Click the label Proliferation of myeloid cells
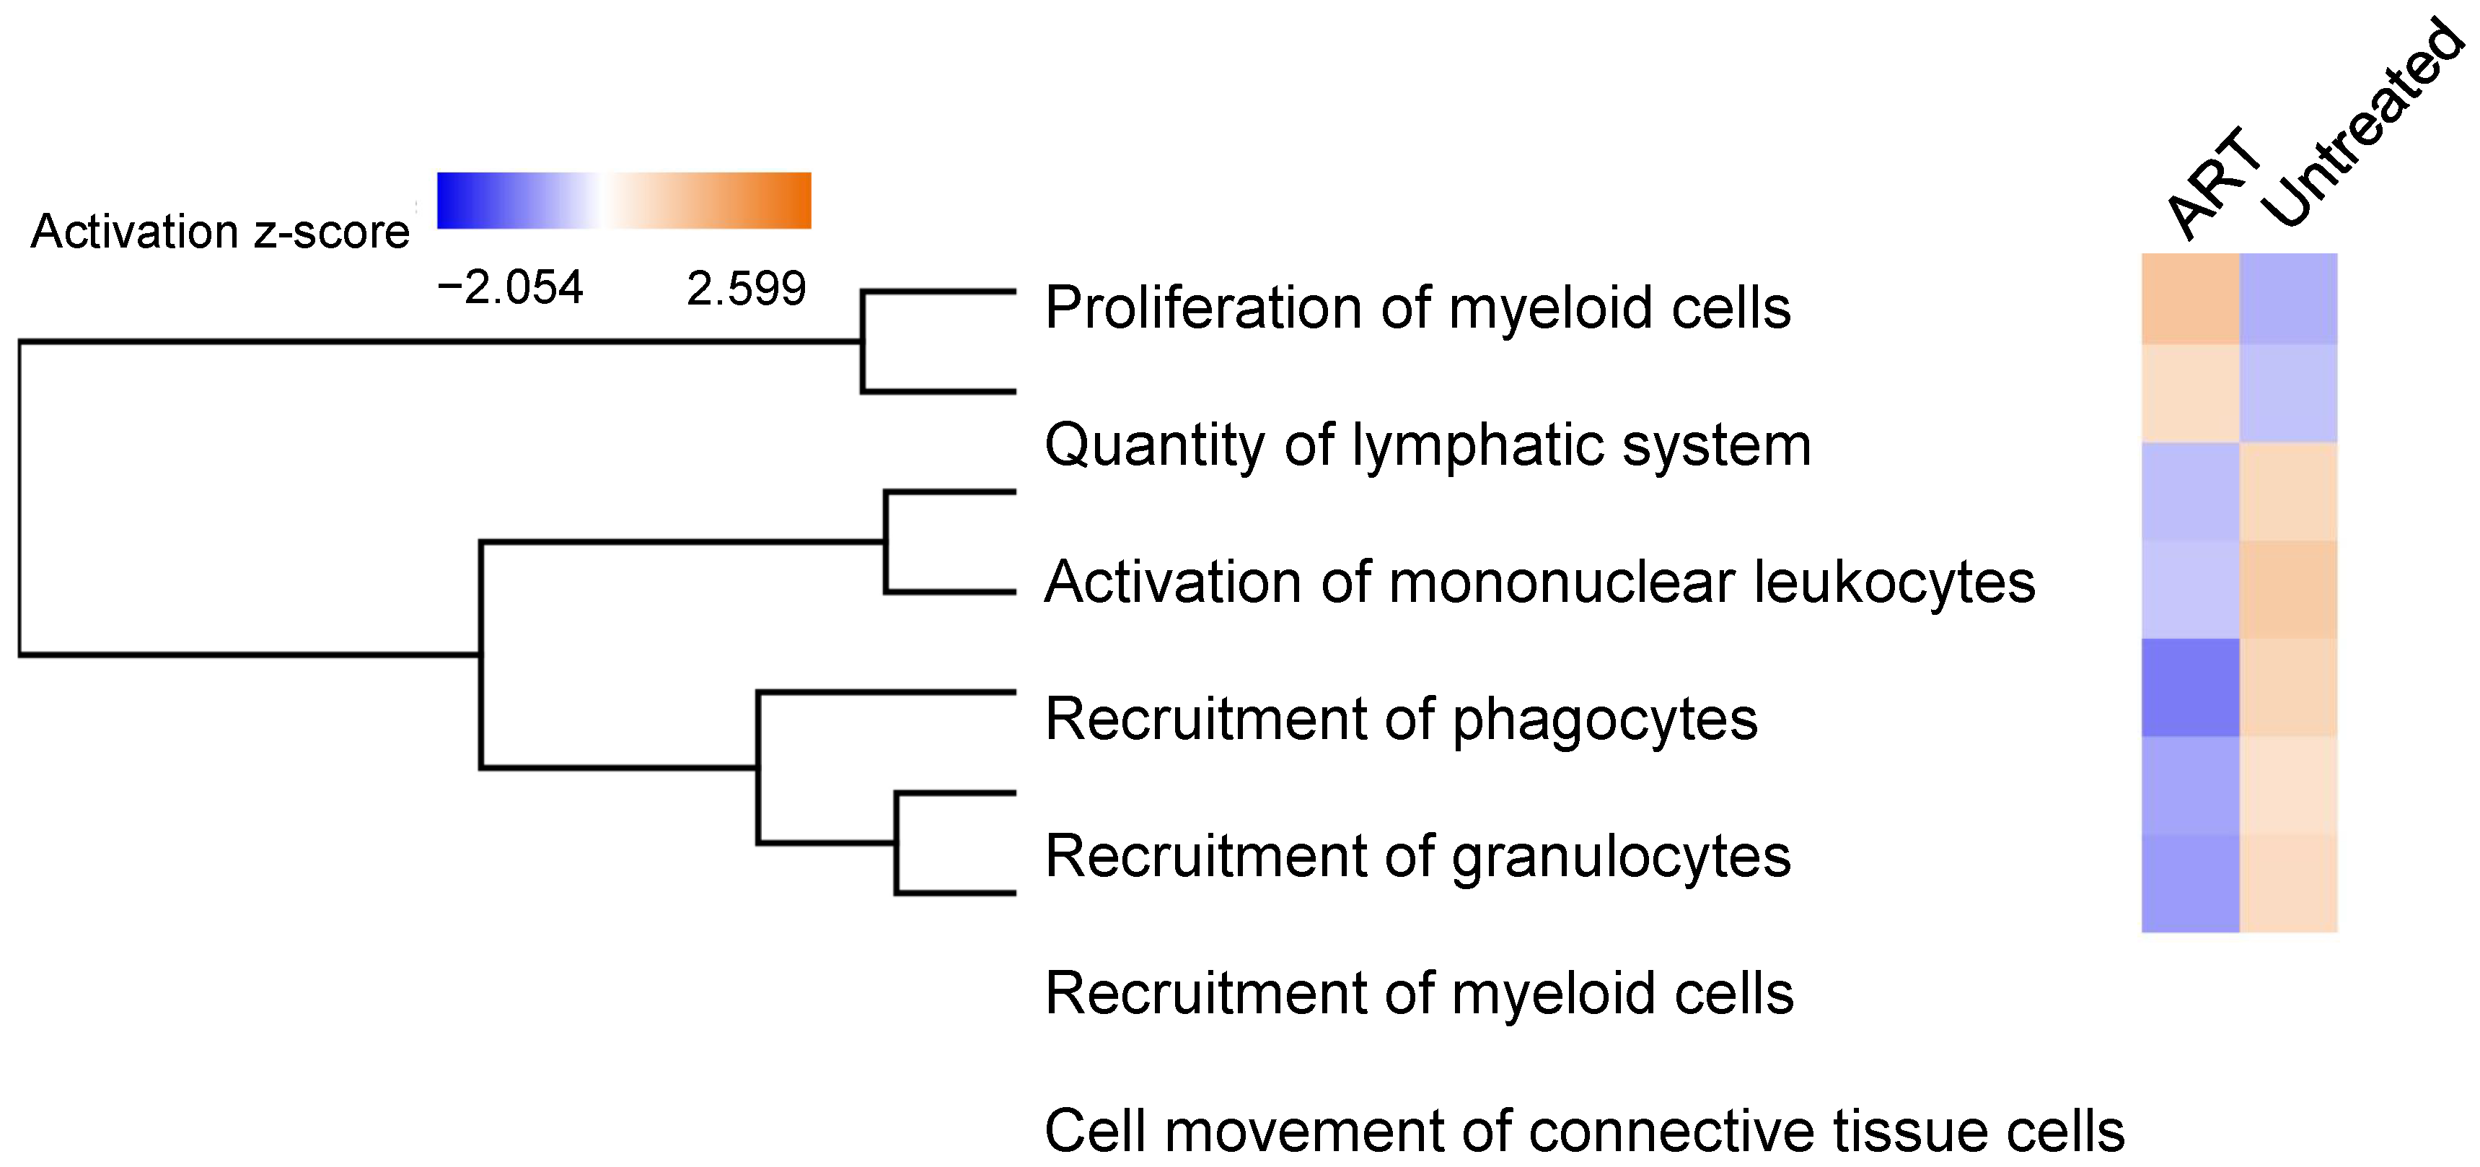point(1417,308)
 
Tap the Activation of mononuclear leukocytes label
point(1539,582)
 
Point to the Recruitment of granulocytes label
point(1417,856)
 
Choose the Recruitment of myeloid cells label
point(1419,994)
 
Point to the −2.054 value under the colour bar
point(510,287)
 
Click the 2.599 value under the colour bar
point(746,288)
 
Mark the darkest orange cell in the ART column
point(2190,299)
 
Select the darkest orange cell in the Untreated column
point(2288,590)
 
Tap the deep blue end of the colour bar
point(451,201)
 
